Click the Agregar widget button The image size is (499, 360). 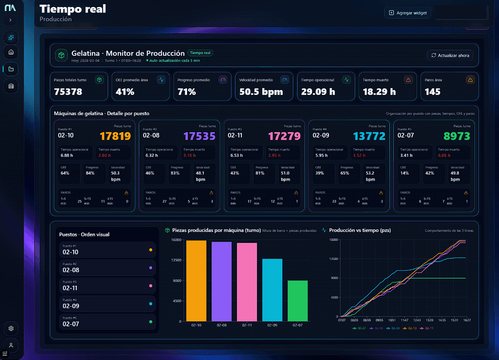[x=407, y=13]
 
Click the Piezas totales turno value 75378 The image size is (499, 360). [x=68, y=92]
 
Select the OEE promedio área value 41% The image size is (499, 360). [x=125, y=92]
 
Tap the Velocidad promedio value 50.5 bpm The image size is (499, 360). [x=261, y=92]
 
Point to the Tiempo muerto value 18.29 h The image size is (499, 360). [x=379, y=92]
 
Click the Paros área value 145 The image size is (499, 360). [x=432, y=92]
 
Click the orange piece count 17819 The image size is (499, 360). [x=115, y=136]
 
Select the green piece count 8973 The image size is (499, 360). [x=457, y=136]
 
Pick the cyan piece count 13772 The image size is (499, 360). [x=369, y=136]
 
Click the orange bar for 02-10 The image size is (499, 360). [x=196, y=281]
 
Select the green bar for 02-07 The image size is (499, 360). [x=298, y=301]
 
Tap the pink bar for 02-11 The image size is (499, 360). [x=247, y=282]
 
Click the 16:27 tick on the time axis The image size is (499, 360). [x=467, y=320]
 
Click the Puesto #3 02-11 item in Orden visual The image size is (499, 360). [x=107, y=286]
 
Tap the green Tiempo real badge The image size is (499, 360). [x=200, y=52]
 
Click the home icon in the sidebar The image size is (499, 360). [x=11, y=52]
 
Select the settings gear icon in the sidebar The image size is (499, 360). [x=11, y=328]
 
